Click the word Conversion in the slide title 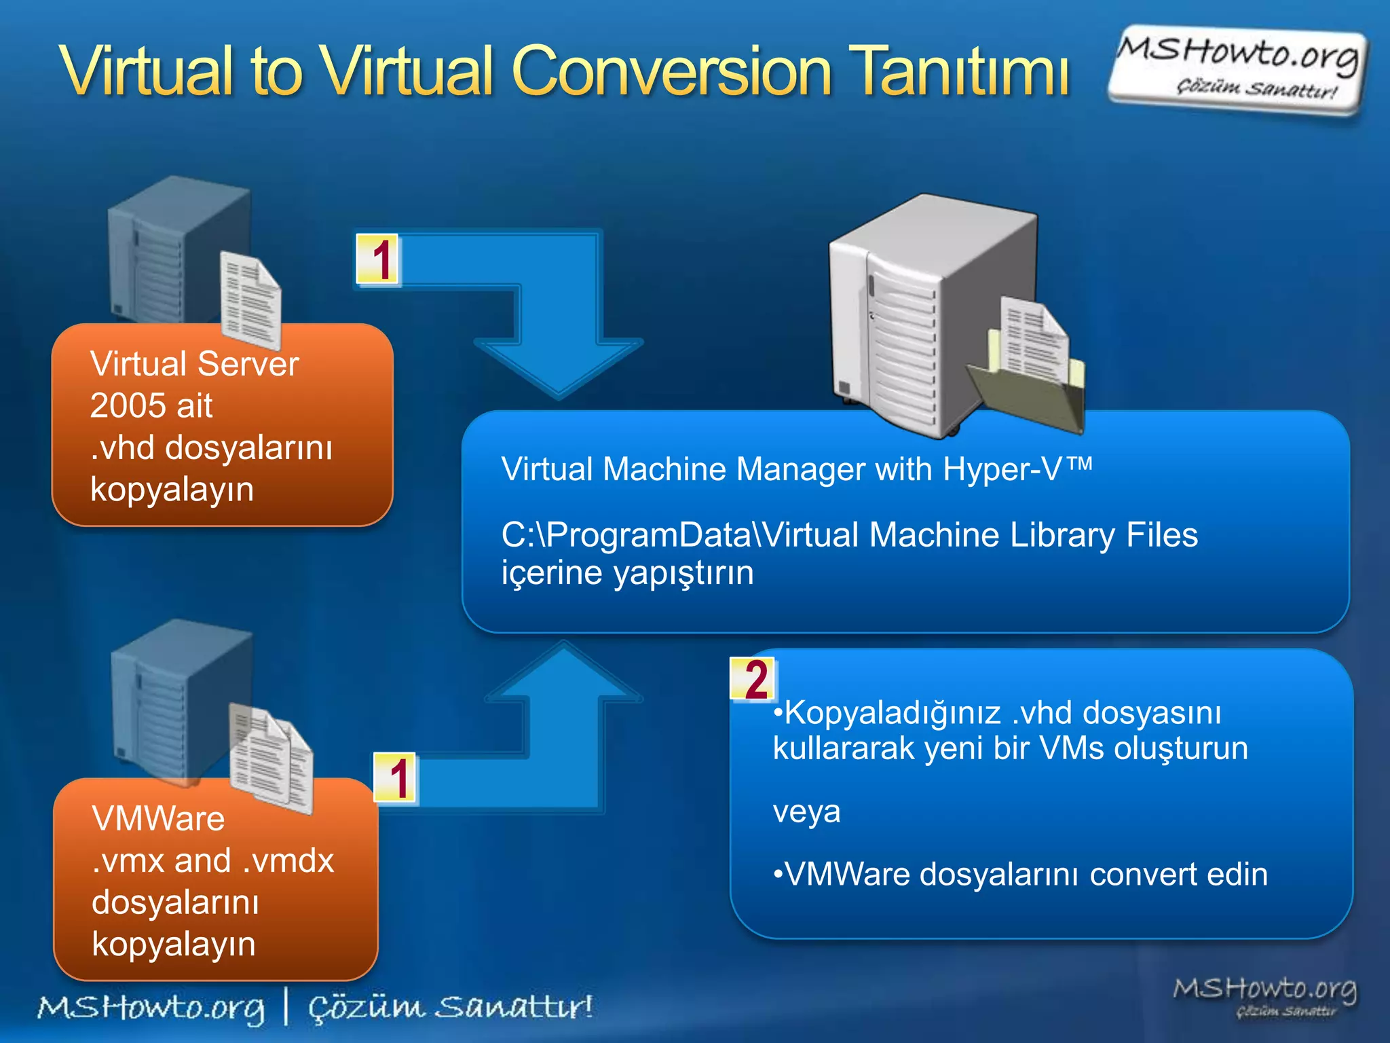672,71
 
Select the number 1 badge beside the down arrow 379,259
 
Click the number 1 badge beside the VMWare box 396,778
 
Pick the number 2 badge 753,679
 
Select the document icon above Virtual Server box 250,299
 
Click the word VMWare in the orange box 158,819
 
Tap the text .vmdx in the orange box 289,861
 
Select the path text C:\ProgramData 624,535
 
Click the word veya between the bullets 806,811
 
